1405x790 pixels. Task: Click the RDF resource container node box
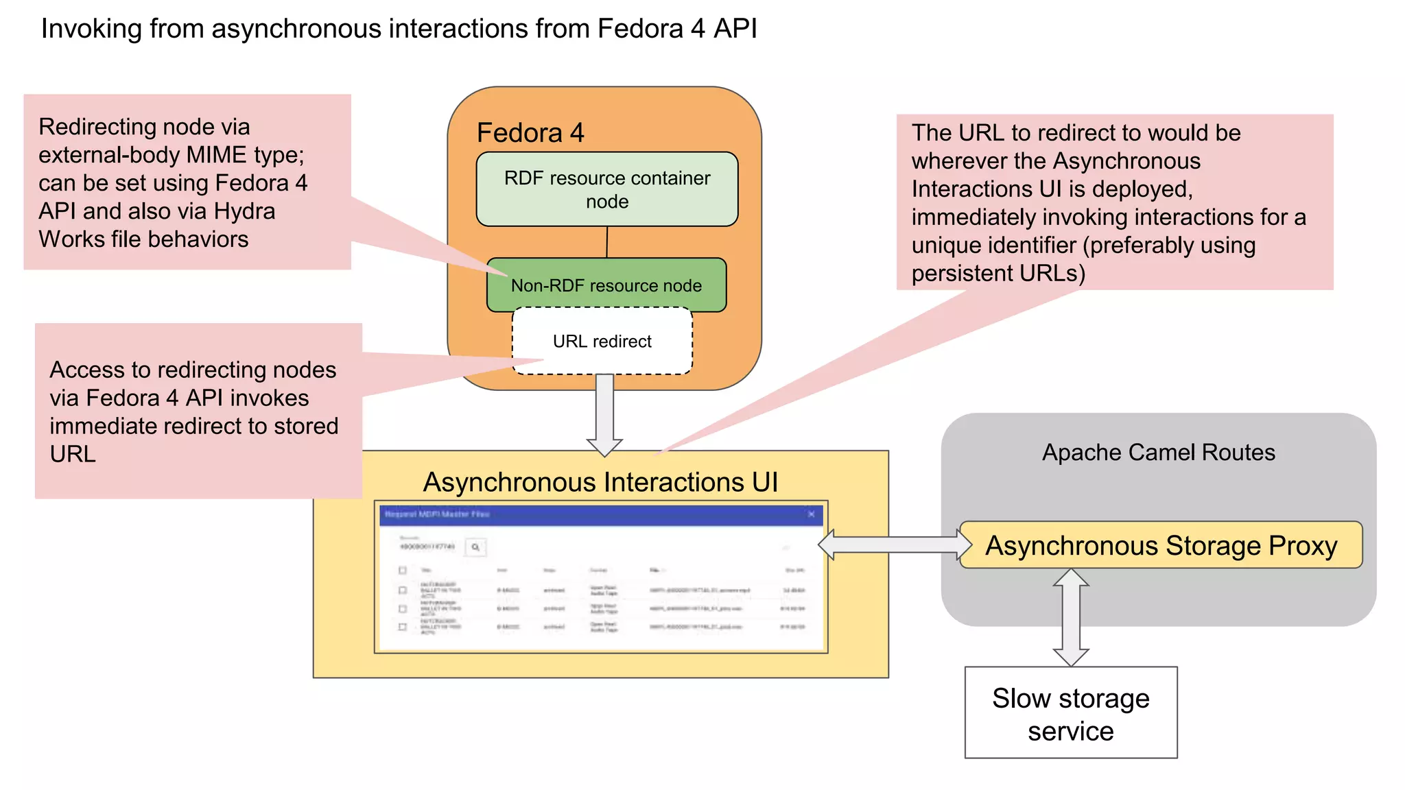click(607, 189)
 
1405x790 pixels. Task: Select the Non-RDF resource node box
click(606, 285)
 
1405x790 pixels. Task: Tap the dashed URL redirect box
click(602, 342)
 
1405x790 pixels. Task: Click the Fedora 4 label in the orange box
click(530, 132)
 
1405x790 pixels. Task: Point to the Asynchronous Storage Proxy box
click(1161, 546)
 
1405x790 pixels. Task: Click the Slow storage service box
click(1070, 713)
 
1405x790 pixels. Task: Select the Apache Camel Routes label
click(1158, 453)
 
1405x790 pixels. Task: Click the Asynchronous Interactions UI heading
click(600, 482)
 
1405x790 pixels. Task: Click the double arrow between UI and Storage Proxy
click(895, 545)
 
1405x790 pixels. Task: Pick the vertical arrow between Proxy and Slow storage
click(1070, 617)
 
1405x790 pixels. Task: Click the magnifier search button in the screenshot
click(475, 547)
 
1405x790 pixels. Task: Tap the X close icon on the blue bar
click(812, 514)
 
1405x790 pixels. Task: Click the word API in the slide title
click(735, 29)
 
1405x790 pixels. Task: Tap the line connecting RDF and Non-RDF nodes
click(606, 242)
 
